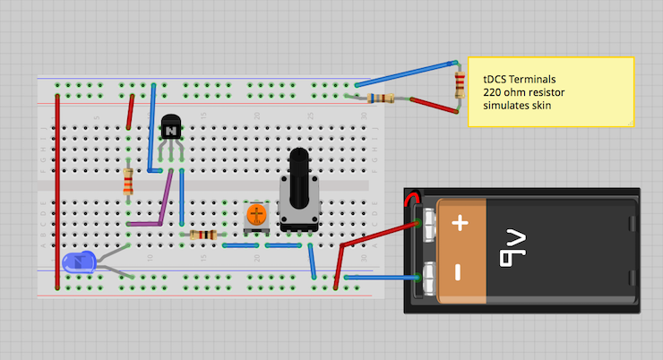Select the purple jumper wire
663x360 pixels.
164,201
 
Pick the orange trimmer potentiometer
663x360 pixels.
256,215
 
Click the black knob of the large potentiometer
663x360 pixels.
300,170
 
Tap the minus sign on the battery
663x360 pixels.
460,271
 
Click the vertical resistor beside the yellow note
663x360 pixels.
461,85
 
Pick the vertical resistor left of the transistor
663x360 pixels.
128,183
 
